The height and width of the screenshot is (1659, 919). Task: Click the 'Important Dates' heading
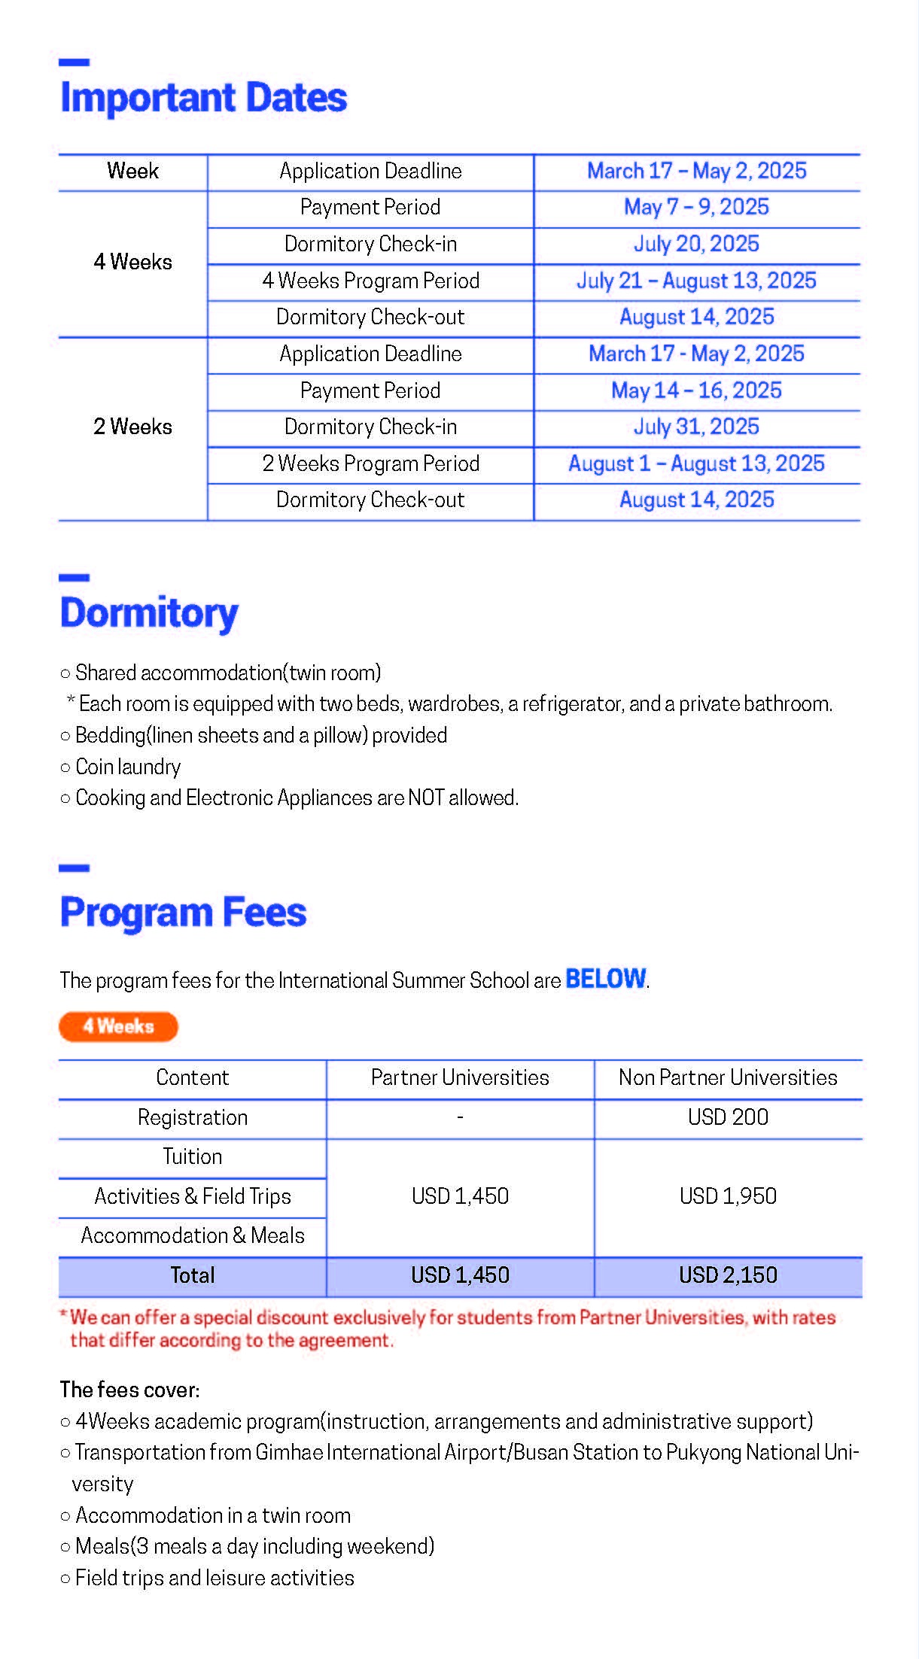tap(203, 98)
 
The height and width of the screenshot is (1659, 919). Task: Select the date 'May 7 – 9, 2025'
tap(696, 208)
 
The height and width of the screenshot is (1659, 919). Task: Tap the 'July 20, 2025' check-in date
tap(696, 244)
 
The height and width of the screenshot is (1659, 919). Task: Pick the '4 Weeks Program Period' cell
tap(370, 281)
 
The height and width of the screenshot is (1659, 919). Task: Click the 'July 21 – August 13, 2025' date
tap(696, 281)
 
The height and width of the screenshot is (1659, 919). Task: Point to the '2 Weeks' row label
tap(132, 427)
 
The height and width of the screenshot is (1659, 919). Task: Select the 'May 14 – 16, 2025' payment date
tap(696, 390)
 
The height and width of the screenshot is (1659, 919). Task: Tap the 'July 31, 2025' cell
tap(696, 427)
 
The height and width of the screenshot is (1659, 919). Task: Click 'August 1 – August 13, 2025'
tap(696, 463)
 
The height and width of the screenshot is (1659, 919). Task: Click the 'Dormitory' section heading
tap(149, 613)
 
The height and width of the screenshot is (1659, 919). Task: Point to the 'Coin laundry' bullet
tap(128, 767)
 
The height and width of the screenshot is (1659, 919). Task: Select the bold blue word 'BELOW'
tap(605, 979)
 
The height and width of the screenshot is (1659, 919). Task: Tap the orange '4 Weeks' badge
tap(118, 1027)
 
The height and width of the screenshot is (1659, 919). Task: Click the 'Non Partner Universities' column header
tap(728, 1077)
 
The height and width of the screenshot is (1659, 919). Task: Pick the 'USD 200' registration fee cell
tap(728, 1117)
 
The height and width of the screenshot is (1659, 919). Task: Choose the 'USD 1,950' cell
tap(728, 1196)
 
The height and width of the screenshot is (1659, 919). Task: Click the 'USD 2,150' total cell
tap(728, 1275)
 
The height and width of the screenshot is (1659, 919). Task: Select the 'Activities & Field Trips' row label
tap(193, 1196)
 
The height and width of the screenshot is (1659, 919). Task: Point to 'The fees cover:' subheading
tap(129, 1390)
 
